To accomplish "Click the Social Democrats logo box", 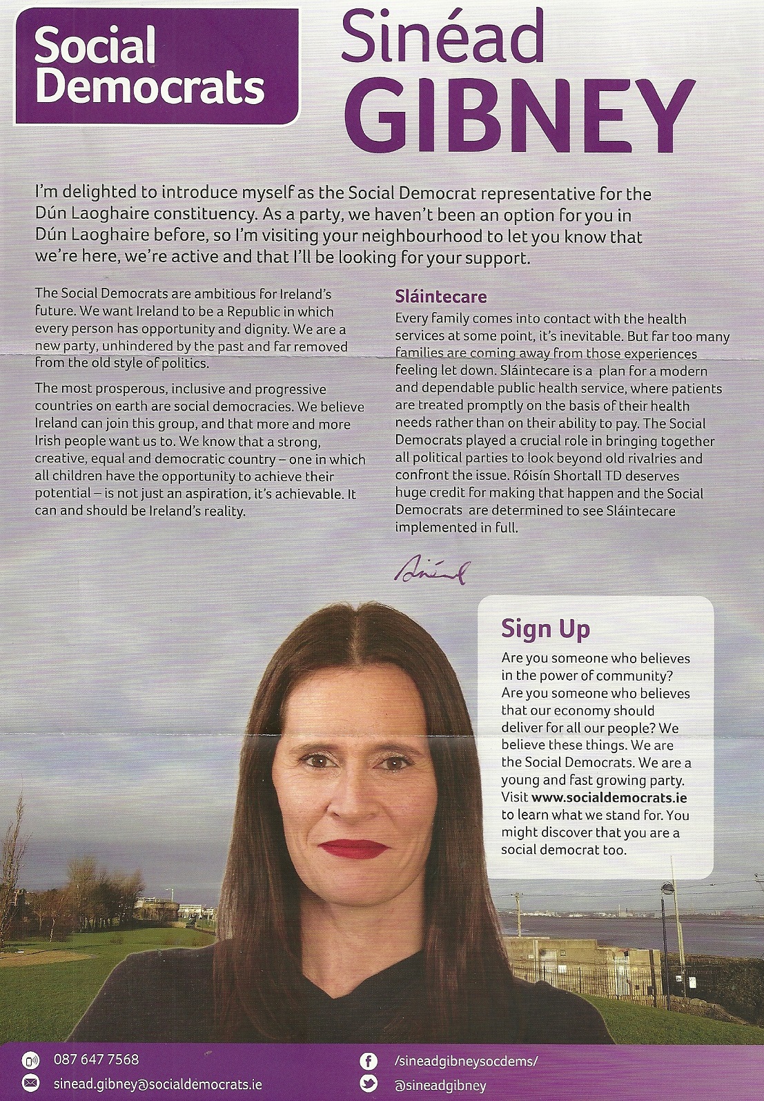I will [156, 68].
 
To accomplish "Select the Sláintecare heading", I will [440, 298].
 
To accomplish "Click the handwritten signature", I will [432, 570].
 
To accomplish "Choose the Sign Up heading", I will [545, 629].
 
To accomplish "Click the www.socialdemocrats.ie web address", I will [609, 797].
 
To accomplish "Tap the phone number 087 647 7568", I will [96, 1060].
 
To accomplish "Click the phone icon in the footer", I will [30, 1060].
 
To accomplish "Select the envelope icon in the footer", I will [30, 1082].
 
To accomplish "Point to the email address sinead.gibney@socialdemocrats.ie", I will [157, 1084].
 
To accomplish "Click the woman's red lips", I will [353, 848].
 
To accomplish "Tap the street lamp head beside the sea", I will [667, 888].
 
